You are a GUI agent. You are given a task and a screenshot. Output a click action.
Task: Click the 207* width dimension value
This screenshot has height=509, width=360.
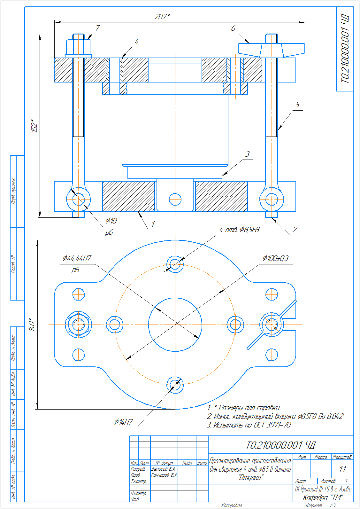point(162,17)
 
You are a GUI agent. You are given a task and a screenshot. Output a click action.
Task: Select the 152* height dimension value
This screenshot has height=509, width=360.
point(34,126)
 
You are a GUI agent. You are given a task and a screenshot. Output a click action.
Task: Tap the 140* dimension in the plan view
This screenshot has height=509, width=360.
point(32,324)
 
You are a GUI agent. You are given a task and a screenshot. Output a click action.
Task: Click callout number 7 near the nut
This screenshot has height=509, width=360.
point(97,28)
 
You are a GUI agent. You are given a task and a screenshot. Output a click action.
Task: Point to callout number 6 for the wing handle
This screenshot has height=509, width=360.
point(233,28)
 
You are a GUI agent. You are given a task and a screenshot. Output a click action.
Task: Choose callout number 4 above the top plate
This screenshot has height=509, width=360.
point(136,42)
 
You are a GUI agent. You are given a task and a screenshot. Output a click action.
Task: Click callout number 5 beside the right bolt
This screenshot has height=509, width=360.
point(298,105)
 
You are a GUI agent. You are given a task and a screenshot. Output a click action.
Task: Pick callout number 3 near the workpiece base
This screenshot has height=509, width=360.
point(247,154)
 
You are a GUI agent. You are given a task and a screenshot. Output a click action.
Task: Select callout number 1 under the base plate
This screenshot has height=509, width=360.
point(153,224)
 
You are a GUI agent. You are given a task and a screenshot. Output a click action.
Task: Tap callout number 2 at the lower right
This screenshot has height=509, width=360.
point(295,229)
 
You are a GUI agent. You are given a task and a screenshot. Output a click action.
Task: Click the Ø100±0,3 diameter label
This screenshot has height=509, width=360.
point(275,258)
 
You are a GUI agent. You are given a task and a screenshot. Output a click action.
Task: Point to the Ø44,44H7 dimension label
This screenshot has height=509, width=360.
point(77,258)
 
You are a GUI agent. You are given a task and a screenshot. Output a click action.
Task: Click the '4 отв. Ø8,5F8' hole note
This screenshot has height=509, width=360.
point(239,230)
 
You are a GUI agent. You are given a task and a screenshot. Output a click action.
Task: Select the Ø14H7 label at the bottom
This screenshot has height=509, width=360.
point(124,422)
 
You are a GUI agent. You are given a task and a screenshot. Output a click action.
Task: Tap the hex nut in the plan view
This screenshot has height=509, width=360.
point(78,325)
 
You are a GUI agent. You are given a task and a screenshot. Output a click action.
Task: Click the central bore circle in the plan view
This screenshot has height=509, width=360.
point(175,325)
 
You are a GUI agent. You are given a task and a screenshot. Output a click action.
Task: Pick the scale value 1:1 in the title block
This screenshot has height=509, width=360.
point(342,469)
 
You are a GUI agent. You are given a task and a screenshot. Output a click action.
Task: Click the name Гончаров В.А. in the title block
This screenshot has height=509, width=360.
point(164,475)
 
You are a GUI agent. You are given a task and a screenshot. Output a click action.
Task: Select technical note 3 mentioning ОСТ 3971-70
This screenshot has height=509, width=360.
point(249,425)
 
